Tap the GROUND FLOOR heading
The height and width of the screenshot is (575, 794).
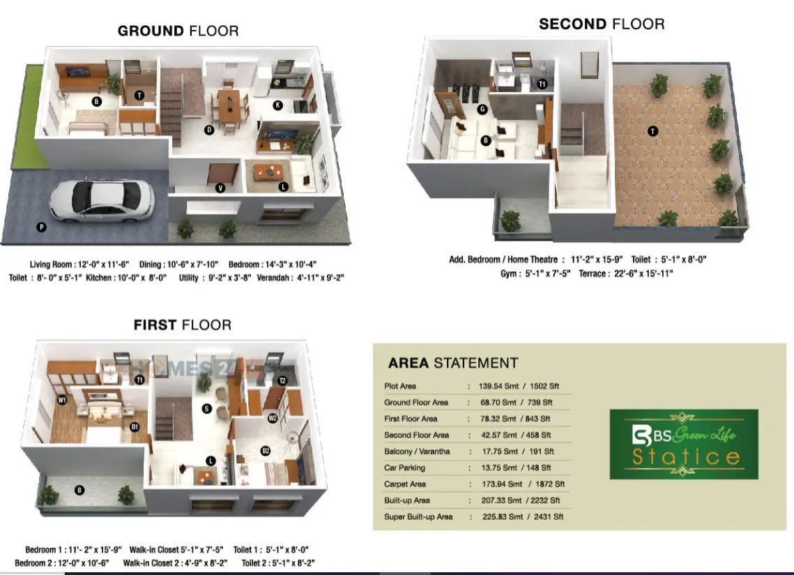(178, 31)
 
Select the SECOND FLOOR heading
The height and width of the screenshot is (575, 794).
(602, 24)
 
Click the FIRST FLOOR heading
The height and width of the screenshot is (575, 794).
(183, 324)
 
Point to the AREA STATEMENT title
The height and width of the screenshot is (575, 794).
(452, 363)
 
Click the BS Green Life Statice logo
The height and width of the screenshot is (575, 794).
(683, 445)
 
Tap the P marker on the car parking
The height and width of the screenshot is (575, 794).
(41, 227)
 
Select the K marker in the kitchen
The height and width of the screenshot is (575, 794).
(277, 105)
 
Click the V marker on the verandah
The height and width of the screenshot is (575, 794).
(220, 187)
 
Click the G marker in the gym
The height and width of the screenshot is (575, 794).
(482, 109)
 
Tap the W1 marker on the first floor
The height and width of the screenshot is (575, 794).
(62, 400)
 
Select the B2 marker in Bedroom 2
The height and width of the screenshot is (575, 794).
(266, 451)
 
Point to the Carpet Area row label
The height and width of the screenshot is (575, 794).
(407, 484)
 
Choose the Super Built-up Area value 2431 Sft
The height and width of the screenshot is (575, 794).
(547, 517)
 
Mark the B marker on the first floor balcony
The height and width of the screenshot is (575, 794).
(79, 491)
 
